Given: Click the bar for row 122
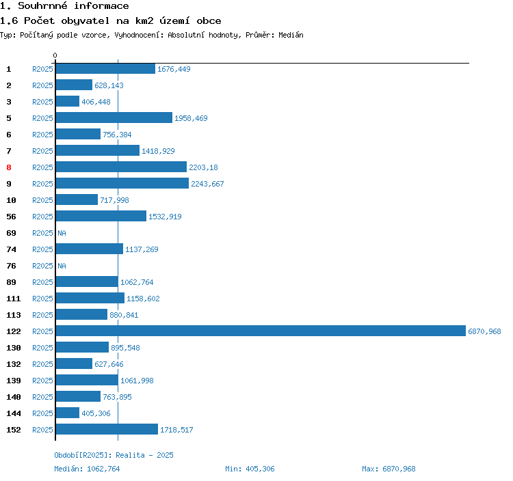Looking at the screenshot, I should coord(260,331).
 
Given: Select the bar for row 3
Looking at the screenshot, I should coord(67,102).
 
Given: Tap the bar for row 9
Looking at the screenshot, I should coord(122,184).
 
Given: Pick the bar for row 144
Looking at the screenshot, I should coord(67,413).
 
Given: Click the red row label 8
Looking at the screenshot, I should coord(9,167).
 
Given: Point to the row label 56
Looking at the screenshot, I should coord(11,217).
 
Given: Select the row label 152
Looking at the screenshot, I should coord(14,430).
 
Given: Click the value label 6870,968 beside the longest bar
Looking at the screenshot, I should coord(484,331).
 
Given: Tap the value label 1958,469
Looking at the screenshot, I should coord(191,118).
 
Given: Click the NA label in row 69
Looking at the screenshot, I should coord(62,233).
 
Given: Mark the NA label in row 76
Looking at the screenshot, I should coord(62,266).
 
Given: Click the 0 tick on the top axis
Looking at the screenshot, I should coord(55,55).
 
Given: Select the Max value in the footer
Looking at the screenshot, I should coord(399,469).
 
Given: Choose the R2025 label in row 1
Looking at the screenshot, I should coord(42,69).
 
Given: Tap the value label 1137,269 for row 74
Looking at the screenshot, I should coord(142,249).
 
